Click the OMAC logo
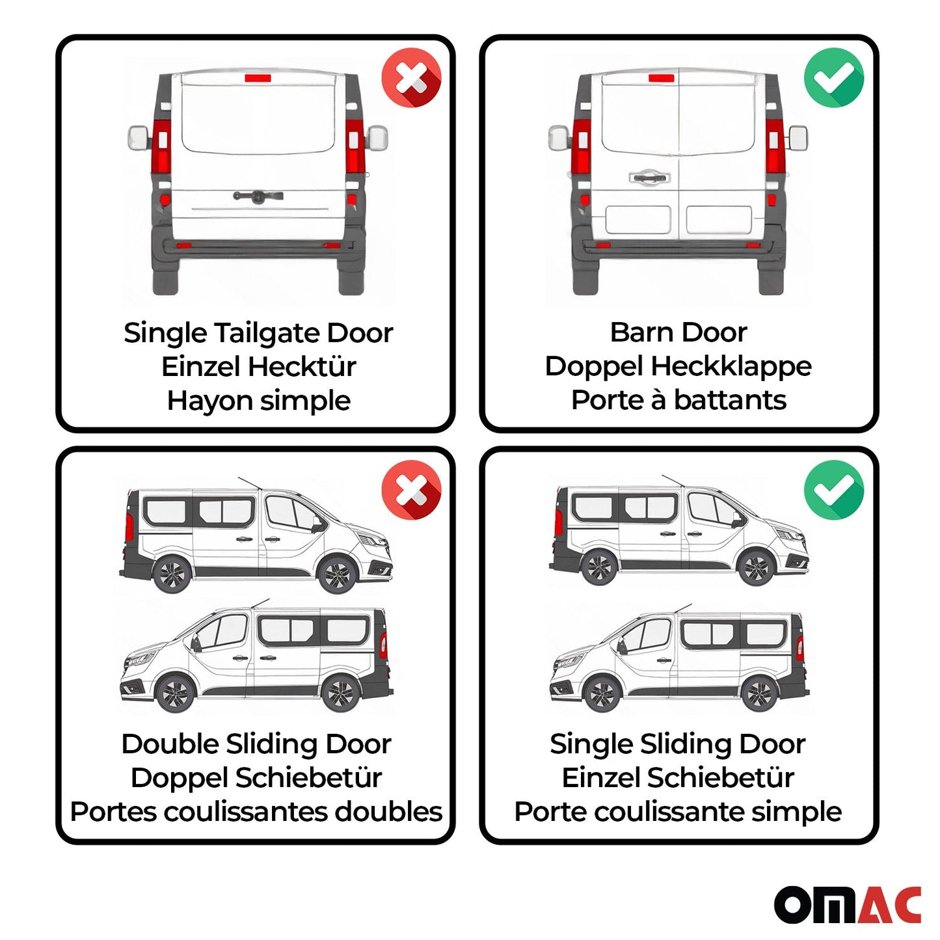847,904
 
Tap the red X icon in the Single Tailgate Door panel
411,78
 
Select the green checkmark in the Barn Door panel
833,78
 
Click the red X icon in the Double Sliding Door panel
411,490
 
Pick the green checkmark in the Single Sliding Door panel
833,490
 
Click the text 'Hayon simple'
258,401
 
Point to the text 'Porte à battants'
678,400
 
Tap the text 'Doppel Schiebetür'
256,778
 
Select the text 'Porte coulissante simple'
678,812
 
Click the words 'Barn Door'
678,332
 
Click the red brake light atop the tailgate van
258,79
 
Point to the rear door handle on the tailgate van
258,196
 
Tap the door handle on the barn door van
647,177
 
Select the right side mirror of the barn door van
798,138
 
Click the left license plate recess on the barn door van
637,220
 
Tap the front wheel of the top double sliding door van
336,575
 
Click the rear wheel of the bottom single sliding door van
759,694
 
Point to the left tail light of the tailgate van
161,146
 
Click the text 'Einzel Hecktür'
258,367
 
